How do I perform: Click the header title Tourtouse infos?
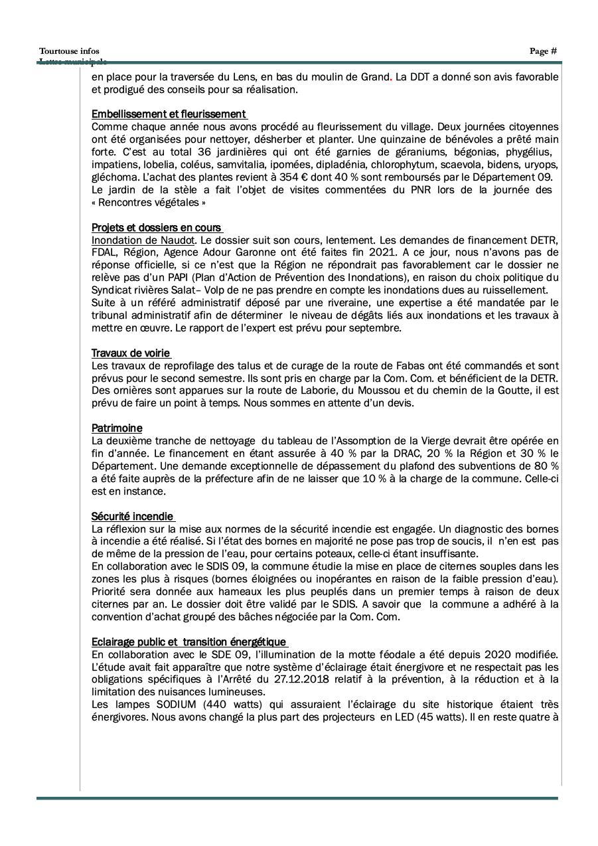(69, 51)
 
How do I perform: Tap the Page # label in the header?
(543, 51)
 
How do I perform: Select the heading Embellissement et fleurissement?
(169, 114)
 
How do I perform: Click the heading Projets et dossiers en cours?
(156, 228)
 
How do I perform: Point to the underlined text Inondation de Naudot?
(143, 240)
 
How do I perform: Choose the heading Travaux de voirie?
(131, 353)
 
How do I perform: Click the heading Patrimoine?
(117, 428)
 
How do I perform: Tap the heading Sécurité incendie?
(132, 517)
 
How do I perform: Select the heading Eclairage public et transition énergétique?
(189, 642)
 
